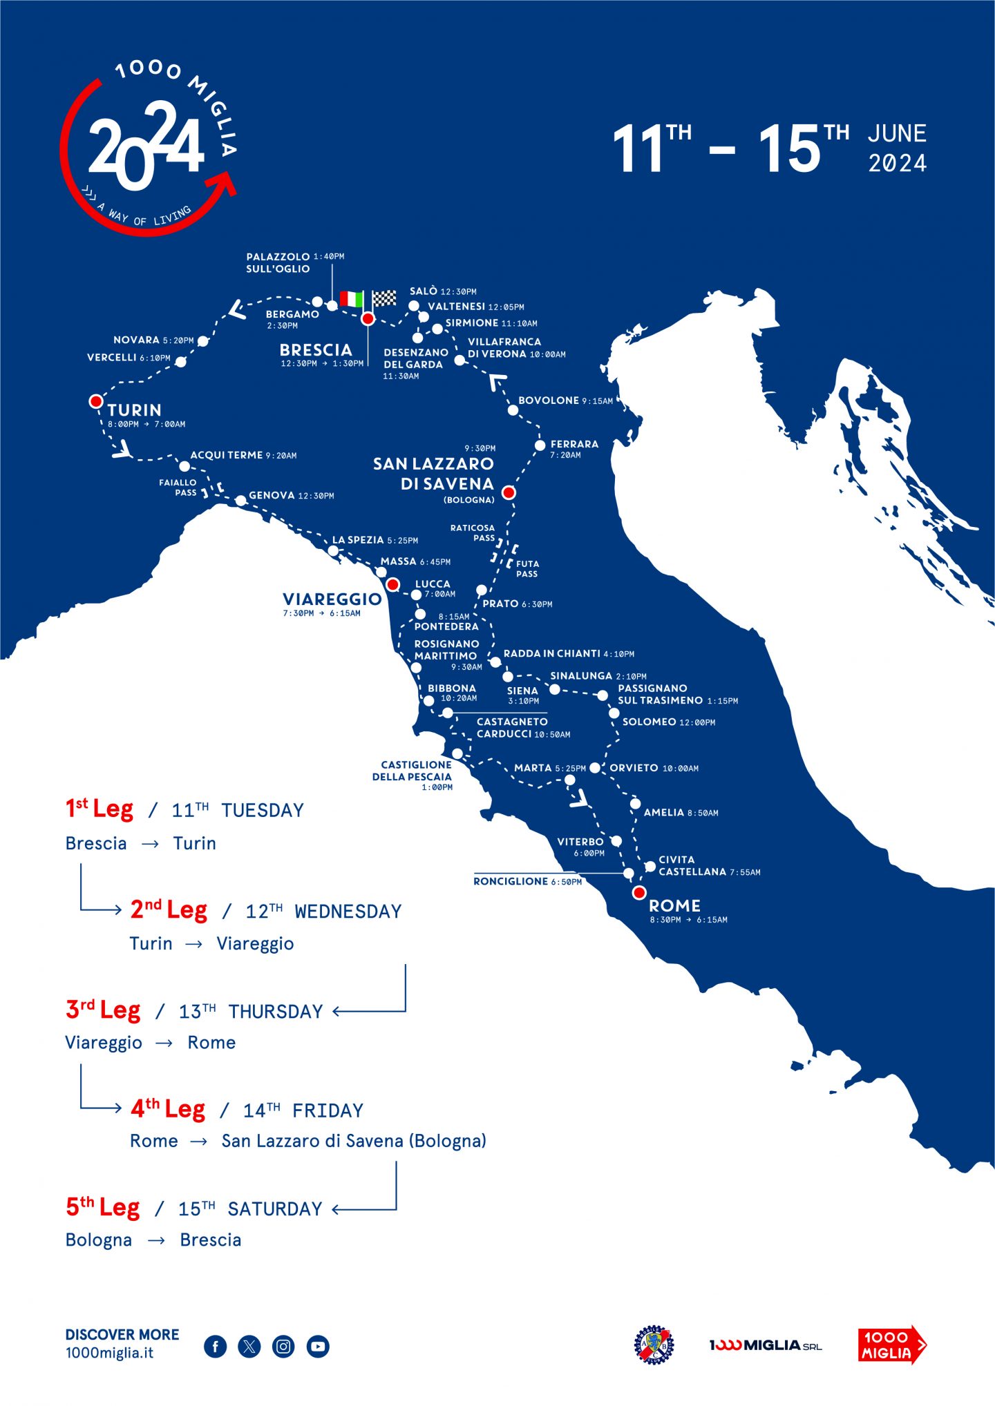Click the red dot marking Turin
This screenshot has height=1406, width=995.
coord(96,401)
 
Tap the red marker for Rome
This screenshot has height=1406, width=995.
coord(639,893)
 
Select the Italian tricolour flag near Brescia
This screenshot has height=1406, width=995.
coord(352,299)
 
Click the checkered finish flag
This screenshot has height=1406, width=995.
coord(384,298)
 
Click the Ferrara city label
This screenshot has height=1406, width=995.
coord(574,444)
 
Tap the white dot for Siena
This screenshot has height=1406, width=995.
coord(508,677)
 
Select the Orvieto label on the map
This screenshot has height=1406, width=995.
coord(634,768)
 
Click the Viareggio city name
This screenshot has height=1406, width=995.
coord(332,599)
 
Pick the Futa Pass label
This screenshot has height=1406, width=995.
coord(527,568)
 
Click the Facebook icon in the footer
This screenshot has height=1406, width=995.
coord(216,1346)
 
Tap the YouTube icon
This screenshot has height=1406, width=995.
coord(318,1346)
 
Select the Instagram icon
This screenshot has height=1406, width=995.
coord(283,1346)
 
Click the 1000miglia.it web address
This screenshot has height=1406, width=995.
coord(109,1353)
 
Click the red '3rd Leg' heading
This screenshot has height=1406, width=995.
coord(103,1010)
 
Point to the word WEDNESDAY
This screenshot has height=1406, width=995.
coord(348,912)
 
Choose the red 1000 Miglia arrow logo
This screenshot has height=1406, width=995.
coord(891,1345)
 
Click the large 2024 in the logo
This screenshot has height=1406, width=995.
coord(146,146)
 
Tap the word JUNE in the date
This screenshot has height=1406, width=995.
coord(897,133)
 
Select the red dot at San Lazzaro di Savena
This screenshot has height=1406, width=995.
coord(509,492)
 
